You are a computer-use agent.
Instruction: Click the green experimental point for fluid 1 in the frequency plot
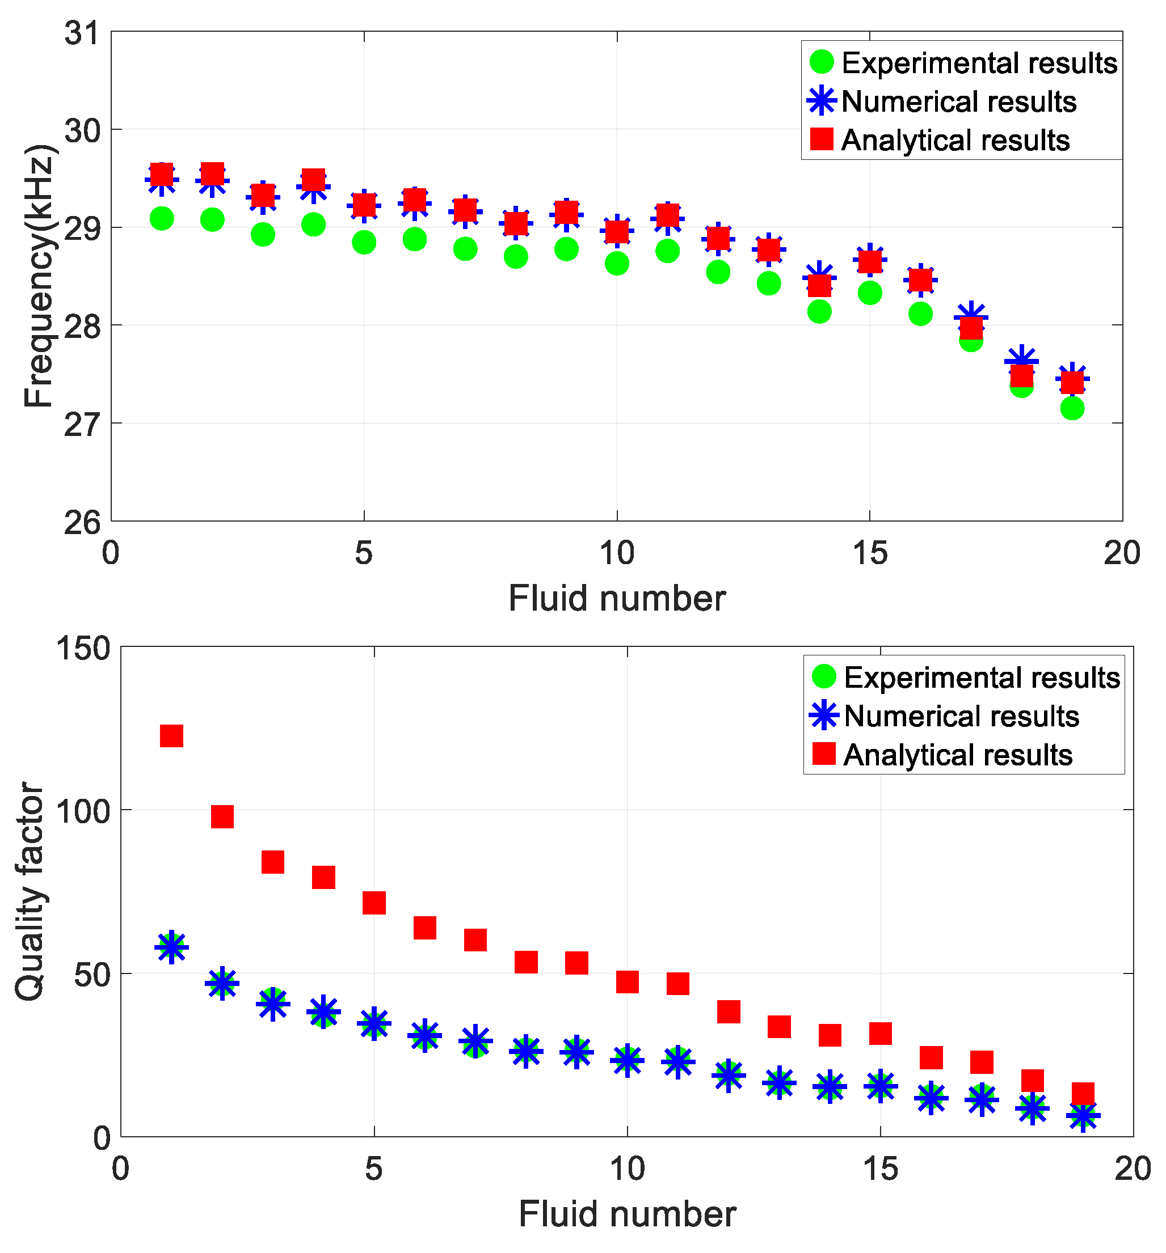[x=162, y=219]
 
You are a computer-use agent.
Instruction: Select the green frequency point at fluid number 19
[x=1072, y=408]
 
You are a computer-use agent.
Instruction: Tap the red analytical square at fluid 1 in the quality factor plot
[x=171, y=735]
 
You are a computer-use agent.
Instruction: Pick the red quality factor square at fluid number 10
[x=628, y=981]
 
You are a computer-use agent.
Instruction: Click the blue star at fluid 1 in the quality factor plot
[x=171, y=947]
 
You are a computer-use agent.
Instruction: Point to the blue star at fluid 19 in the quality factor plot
[x=1083, y=1116]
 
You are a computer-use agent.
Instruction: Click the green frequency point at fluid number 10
[x=617, y=263]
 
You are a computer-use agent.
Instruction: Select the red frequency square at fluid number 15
[x=870, y=260]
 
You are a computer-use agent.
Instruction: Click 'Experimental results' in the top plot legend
[x=979, y=63]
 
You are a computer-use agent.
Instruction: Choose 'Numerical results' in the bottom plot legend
[x=961, y=717]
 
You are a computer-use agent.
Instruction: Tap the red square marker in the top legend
[x=822, y=139]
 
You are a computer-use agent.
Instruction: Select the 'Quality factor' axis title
[x=30, y=891]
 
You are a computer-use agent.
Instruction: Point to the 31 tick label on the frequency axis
[x=82, y=33]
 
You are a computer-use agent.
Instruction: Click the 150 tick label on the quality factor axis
[x=83, y=649]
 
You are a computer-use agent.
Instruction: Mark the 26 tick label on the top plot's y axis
[x=82, y=523]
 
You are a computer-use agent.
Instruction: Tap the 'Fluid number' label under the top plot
[x=617, y=598]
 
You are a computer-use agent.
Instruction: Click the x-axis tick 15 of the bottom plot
[x=881, y=1169]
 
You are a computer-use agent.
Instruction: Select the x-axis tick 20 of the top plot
[x=1122, y=553]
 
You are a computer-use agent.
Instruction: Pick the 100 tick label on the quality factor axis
[x=83, y=811]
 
